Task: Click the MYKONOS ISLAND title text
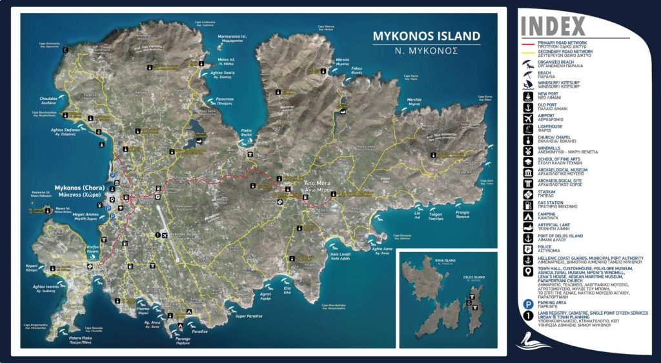pos(426,36)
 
